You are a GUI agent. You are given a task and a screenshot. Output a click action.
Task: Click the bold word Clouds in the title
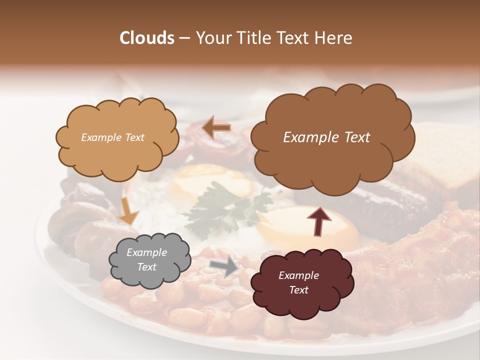coord(147,38)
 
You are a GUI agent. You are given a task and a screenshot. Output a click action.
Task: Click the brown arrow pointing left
coord(216,127)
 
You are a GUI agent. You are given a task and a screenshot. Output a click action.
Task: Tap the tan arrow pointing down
coord(128,211)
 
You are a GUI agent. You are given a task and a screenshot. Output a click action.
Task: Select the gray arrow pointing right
coord(224,267)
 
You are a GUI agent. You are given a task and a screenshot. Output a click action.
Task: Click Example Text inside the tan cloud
coord(112,137)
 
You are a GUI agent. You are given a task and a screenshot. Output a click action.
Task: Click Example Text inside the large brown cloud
coord(326,137)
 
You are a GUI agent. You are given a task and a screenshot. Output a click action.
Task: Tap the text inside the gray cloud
coord(147,260)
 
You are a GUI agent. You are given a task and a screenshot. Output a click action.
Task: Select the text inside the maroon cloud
coord(298,282)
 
